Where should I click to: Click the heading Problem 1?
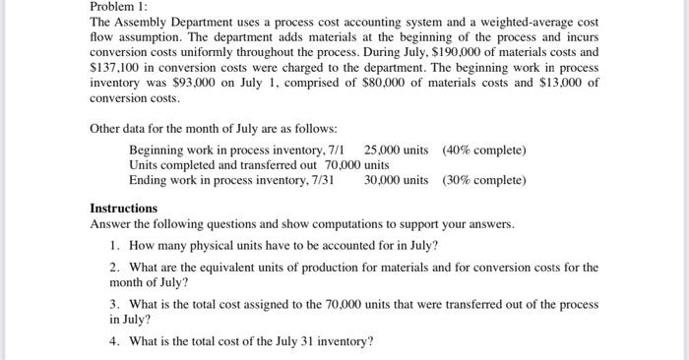118,7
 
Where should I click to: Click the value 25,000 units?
396,150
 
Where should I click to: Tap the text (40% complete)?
484,150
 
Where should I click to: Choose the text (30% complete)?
484,181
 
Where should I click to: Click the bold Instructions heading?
123,209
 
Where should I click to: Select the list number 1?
116,245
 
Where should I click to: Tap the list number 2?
116,268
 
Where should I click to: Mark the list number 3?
116,305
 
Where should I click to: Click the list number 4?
116,341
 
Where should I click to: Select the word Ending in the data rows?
149,181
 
